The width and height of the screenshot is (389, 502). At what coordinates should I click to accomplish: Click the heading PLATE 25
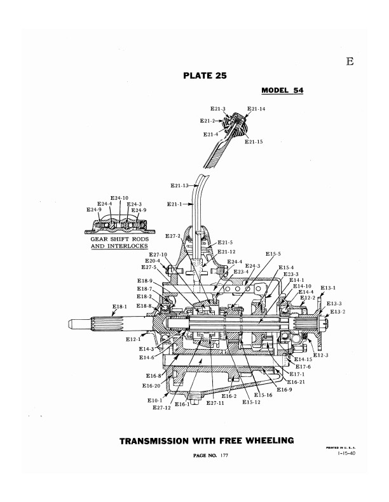[x=205, y=76]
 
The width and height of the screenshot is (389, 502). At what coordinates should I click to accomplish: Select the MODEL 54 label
[x=282, y=90]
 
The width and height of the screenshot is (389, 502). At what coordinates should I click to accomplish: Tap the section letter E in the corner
[x=350, y=61]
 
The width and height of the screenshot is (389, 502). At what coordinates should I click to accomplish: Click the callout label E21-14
[x=256, y=109]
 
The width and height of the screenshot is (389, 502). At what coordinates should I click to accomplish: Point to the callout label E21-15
[x=254, y=142]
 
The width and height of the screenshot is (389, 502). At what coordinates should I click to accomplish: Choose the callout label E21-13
[x=180, y=185]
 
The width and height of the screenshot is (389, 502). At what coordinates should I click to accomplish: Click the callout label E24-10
[x=119, y=198]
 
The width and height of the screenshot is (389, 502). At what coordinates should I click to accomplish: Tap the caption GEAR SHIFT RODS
[x=119, y=239]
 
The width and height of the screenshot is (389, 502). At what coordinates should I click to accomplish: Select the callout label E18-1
[x=119, y=307]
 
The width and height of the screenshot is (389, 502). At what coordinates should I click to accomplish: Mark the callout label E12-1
[x=133, y=339]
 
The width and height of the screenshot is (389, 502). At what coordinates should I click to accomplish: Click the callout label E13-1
[x=328, y=288]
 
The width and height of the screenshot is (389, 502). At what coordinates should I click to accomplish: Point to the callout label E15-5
[x=273, y=254]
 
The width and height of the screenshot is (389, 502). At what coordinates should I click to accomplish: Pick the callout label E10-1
[x=155, y=400]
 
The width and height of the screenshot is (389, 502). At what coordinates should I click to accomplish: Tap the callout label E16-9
[x=284, y=390]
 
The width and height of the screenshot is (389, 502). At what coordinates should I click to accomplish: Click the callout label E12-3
[x=321, y=355]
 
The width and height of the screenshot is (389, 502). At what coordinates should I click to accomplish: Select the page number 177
[x=224, y=456]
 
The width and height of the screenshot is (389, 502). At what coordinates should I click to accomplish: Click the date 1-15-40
[x=346, y=453]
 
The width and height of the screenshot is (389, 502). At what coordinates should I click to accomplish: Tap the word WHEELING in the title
[x=270, y=441]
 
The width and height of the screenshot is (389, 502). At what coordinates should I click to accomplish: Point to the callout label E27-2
[x=173, y=236]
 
